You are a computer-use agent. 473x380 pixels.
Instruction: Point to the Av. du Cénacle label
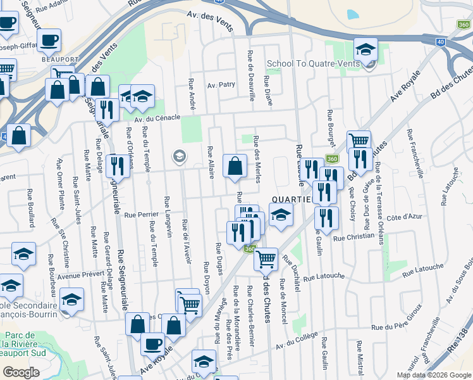tap(157, 117)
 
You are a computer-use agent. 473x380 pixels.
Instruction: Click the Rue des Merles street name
tap(257, 159)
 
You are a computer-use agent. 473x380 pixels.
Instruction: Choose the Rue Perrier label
tap(140, 215)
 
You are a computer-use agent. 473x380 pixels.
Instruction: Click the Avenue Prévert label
tap(79, 275)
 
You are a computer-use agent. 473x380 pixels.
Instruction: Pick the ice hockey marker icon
tap(143, 97)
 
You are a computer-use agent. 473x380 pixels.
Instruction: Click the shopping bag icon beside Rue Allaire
tap(235, 167)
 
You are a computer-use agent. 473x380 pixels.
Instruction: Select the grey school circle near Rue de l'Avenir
tap(179, 156)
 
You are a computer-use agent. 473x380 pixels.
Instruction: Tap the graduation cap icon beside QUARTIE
tap(281, 215)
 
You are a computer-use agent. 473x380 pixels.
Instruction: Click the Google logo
tap(21, 372)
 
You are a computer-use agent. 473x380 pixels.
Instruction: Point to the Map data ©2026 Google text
tap(433, 375)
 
